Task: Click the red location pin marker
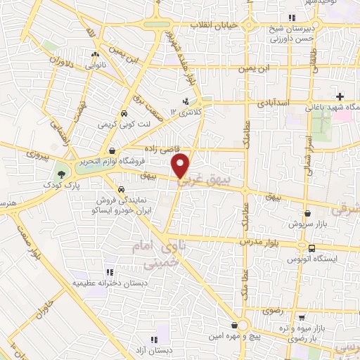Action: (181, 165)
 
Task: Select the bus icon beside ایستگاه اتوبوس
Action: (311, 247)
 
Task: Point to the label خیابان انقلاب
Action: (214, 25)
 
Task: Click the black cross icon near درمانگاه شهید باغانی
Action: (340, 96)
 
